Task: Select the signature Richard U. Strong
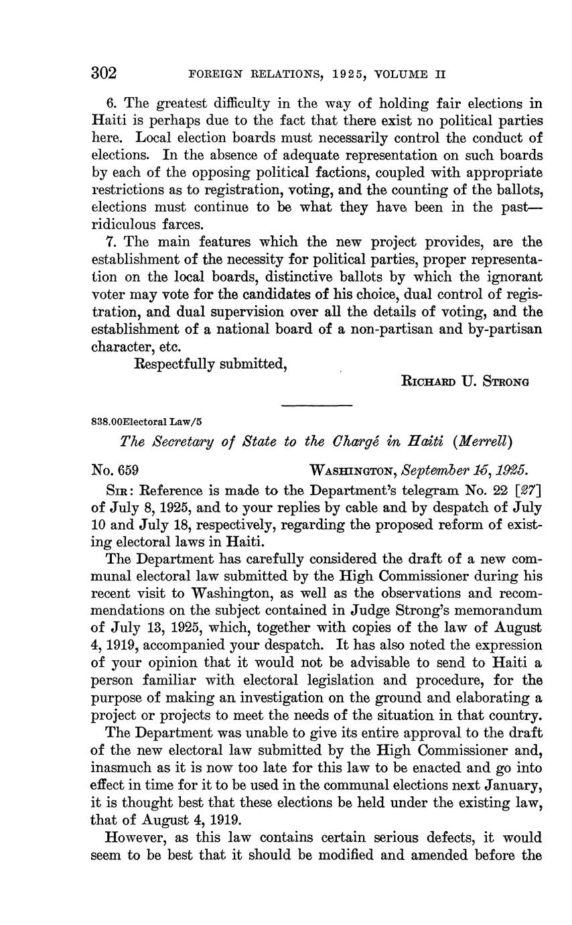pyautogui.click(x=465, y=381)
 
